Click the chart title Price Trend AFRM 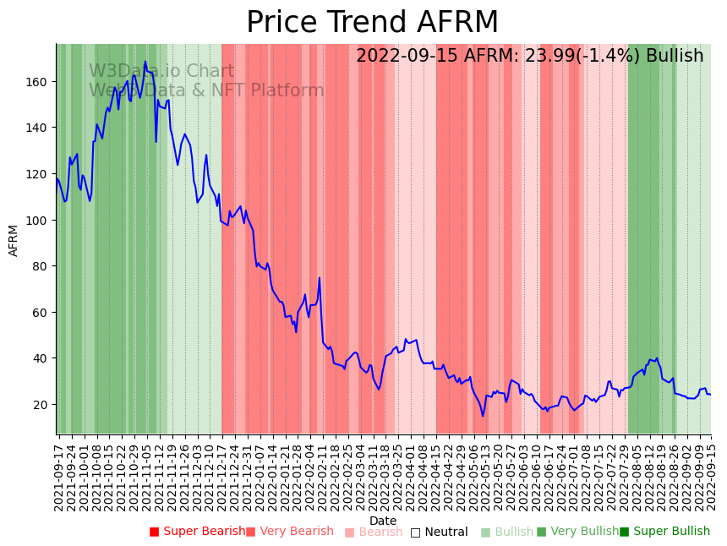(372, 23)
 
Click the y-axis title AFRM (14, 240)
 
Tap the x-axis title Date (383, 521)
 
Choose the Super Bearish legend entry (197, 532)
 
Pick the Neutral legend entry (439, 532)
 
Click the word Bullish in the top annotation (675, 57)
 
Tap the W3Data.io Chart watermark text (161, 72)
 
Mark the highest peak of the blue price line (145, 62)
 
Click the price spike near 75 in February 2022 (320, 278)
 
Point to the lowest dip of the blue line (484, 415)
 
